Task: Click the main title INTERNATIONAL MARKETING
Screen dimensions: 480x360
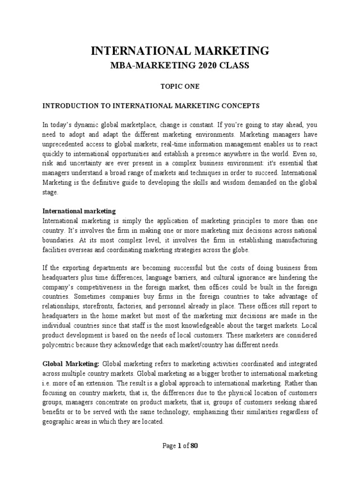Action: tap(180, 51)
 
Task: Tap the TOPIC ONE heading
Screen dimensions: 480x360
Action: tap(180, 87)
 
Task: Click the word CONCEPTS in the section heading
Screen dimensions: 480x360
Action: tap(239, 106)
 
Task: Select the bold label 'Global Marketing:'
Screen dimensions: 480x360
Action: tap(71, 363)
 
